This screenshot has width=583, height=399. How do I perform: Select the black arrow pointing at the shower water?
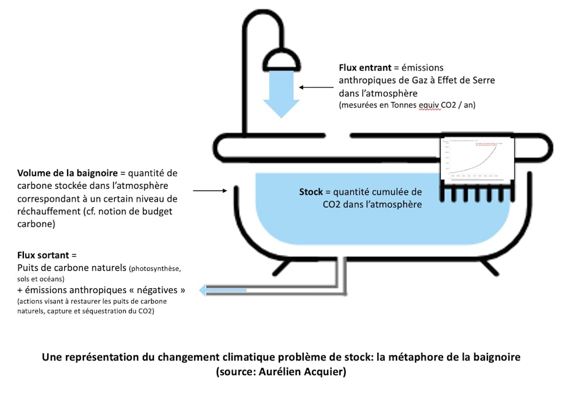tap(317, 88)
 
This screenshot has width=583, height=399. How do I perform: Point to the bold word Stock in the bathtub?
tap(311, 192)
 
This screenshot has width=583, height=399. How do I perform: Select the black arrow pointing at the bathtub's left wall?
tap(209, 190)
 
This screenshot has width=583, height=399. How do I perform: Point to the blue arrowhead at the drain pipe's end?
tap(203, 289)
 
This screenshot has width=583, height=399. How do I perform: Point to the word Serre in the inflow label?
tap(482, 80)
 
